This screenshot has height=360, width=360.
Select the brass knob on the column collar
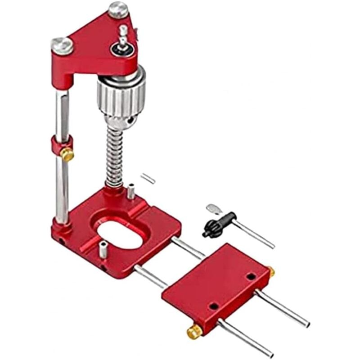(67, 155)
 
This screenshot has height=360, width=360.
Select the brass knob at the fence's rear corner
(270, 271)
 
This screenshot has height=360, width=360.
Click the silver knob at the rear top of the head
(118, 9)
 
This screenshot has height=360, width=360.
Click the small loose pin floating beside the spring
(148, 178)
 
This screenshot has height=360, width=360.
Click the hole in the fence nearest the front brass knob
(214, 306)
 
